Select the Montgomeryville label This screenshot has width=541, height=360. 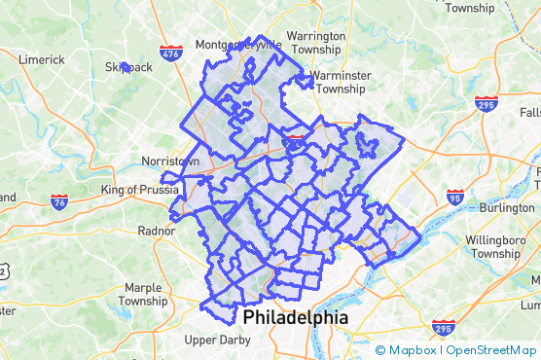point(237,45)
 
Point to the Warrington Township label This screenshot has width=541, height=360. point(316,42)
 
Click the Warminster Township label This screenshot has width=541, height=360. point(327,81)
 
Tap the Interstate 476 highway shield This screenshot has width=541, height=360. point(171,54)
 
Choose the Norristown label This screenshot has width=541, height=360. point(169,161)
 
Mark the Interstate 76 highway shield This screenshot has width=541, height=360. point(59,202)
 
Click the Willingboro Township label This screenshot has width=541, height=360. point(495,245)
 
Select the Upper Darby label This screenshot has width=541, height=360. point(218,340)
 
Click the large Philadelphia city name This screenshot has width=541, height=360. point(295,318)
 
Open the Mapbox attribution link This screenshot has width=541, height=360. point(414,350)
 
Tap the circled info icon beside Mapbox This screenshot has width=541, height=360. point(380,350)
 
